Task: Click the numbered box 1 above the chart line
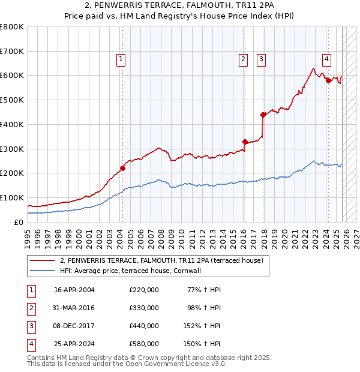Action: [121, 59]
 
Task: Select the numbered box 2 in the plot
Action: [243, 59]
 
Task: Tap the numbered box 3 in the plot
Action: [262, 59]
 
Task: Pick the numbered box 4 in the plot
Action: [326, 59]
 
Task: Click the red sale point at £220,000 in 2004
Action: [122, 168]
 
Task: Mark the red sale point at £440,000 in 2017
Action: [263, 115]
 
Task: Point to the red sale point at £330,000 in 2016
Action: [245, 142]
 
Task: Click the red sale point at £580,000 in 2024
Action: [328, 80]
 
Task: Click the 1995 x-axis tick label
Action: [28, 234]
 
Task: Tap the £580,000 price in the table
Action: [144, 344]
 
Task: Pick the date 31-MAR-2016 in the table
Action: [74, 308]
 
